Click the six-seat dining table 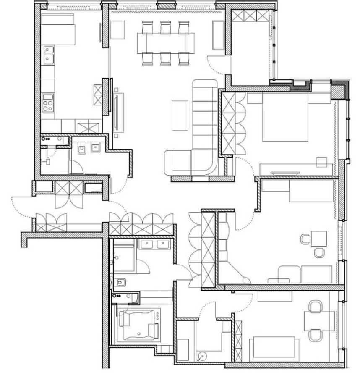coord(165,42)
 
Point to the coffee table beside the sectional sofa coord(180,115)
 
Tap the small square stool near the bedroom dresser coord(322,162)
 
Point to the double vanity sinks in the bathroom coord(154,245)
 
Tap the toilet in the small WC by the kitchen coord(81,149)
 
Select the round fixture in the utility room coord(202,357)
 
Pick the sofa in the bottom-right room coord(274,349)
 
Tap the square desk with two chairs coord(318,239)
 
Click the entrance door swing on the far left coord(22,206)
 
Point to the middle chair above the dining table coord(165,27)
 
